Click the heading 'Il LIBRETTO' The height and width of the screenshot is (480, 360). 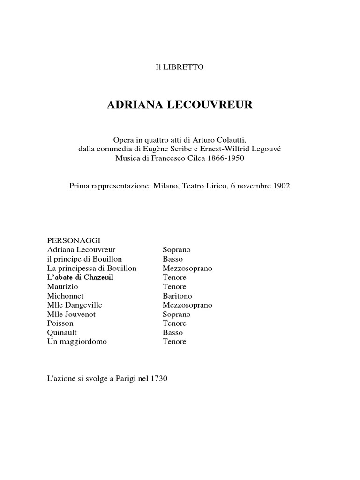point(180,67)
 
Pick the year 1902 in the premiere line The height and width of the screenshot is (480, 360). point(280,186)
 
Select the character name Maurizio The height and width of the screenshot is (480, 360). point(63,286)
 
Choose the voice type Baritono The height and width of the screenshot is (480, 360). point(177,296)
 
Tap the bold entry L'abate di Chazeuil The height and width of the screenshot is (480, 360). point(80,277)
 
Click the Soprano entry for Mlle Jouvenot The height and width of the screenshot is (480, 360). point(177,314)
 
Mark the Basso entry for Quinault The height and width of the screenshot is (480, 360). point(172,332)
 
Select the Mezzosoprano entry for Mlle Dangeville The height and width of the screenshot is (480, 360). point(187,305)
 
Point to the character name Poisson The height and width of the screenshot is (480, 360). point(60,323)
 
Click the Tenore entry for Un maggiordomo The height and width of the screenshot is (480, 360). point(174,342)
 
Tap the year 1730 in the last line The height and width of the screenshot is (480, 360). point(159,378)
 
